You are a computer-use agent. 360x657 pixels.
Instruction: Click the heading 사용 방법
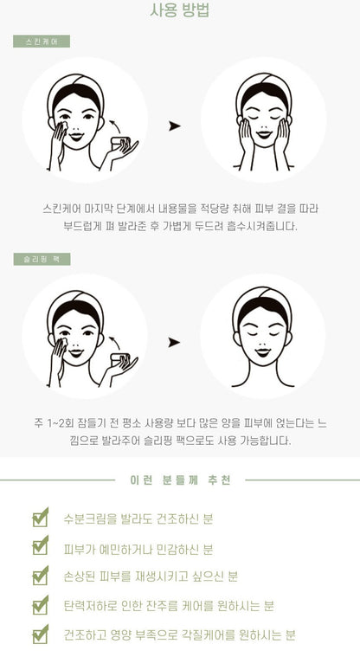[x=180, y=11]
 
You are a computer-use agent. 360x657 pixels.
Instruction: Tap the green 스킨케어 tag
[x=42, y=42]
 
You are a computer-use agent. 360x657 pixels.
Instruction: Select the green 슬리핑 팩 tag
[x=42, y=259]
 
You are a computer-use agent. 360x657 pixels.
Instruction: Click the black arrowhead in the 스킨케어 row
[x=174, y=126]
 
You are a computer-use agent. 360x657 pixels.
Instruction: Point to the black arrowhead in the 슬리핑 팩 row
[x=174, y=342]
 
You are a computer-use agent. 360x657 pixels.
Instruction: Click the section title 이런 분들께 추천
[x=180, y=480]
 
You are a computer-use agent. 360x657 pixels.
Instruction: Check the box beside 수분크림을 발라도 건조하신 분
[x=40, y=518]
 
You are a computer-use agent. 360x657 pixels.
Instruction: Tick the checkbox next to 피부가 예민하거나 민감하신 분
[x=40, y=546]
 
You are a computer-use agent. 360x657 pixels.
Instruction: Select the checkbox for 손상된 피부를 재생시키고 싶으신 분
[x=40, y=576]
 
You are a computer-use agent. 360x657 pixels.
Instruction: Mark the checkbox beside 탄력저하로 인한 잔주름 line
[x=40, y=605]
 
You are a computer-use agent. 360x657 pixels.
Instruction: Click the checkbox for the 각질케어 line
[x=40, y=634]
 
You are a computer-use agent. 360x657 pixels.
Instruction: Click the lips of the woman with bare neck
[x=263, y=351]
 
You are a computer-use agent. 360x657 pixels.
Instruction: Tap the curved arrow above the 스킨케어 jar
[x=114, y=126]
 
